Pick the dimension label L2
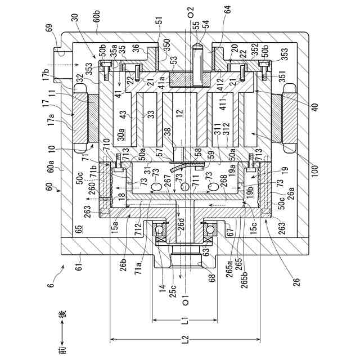click(x=186, y=340)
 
